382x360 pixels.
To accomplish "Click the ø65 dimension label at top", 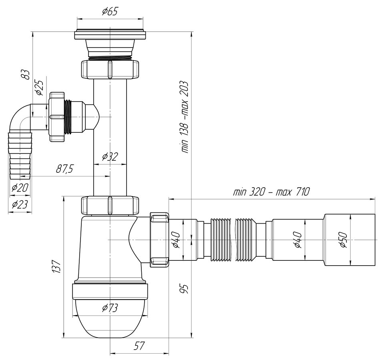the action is (110, 12).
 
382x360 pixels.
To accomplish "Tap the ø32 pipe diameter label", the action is (110, 156).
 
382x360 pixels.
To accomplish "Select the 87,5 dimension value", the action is (64, 169).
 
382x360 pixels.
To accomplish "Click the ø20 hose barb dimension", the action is (20, 188).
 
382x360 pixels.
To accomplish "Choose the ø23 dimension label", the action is (20, 205).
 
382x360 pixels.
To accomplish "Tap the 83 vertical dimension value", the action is (25, 74).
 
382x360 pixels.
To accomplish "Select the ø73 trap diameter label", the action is (110, 308).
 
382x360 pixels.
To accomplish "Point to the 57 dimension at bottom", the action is (139, 346).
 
